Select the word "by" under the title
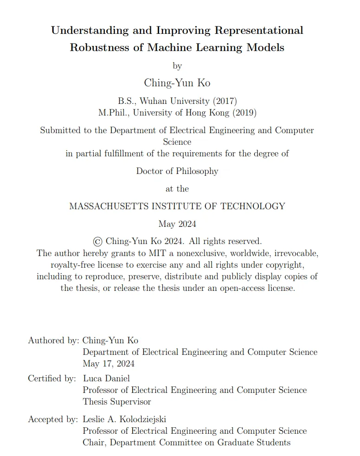pyautogui.click(x=177, y=66)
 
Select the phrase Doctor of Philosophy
pyautogui.click(x=177, y=171)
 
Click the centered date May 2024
pyautogui.click(x=177, y=224)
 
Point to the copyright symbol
pyautogui.click(x=97, y=241)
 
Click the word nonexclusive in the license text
pyautogui.click(x=185, y=253)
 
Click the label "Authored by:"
pyautogui.click(x=53, y=340)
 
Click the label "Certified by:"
pyautogui.click(x=52, y=379)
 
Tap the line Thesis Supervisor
pyautogui.click(x=117, y=402)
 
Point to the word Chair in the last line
pyautogui.click(x=94, y=443)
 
